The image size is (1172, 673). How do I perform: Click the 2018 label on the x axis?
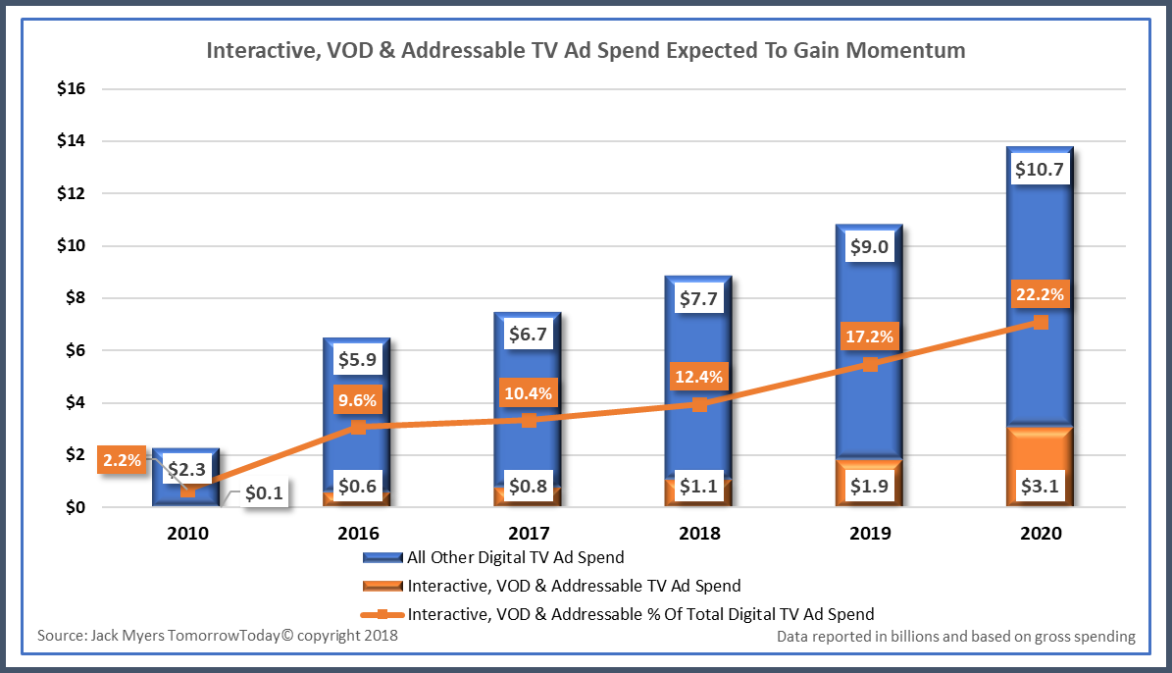(699, 533)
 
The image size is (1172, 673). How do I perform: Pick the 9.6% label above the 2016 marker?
(357, 400)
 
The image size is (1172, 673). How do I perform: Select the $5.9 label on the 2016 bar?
(357, 360)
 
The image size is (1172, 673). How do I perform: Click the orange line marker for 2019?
(870, 364)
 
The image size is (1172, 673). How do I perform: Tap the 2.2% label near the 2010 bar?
(122, 458)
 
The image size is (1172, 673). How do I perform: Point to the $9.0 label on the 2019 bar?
(870, 247)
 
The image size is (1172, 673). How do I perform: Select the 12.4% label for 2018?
(699, 375)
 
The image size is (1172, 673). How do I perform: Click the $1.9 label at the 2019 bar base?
(870, 485)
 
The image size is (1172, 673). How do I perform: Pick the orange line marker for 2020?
(1041, 322)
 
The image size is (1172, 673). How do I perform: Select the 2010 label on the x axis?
(186, 533)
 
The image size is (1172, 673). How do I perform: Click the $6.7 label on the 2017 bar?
(528, 336)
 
